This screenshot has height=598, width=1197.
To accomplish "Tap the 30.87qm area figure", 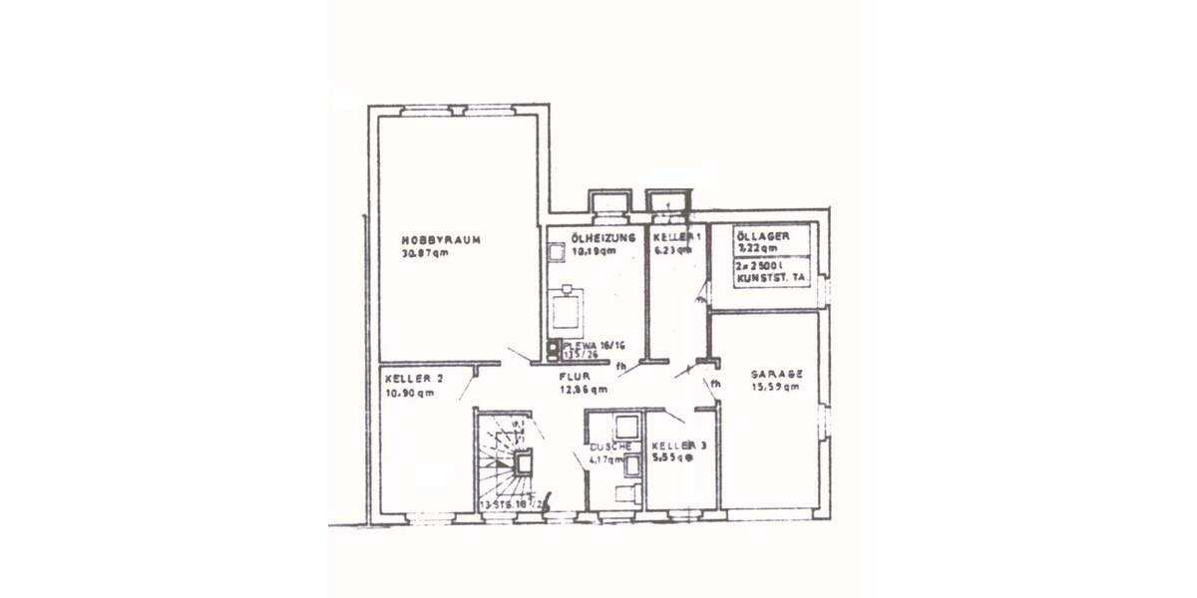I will (425, 253).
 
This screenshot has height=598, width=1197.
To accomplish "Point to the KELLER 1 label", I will (676, 237).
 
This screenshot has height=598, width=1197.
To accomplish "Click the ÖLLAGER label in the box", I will (763, 235).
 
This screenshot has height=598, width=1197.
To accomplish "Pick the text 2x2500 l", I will (761, 267).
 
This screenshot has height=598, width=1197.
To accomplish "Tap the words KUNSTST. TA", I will (770, 280).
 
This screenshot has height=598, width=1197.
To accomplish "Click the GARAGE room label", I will (776, 374).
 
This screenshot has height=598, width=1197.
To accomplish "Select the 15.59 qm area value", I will (775, 387).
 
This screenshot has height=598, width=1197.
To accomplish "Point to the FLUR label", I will (576, 377).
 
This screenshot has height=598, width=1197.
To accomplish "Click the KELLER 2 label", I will (413, 379).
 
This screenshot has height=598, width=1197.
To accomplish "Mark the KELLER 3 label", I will (678, 446).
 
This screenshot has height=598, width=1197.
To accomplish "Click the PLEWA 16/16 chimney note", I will (594, 345).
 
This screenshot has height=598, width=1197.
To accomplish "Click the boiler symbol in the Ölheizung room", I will (569, 308).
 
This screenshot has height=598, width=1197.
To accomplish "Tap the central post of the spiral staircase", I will (523, 461).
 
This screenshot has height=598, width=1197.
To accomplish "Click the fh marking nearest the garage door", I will (715, 384).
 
